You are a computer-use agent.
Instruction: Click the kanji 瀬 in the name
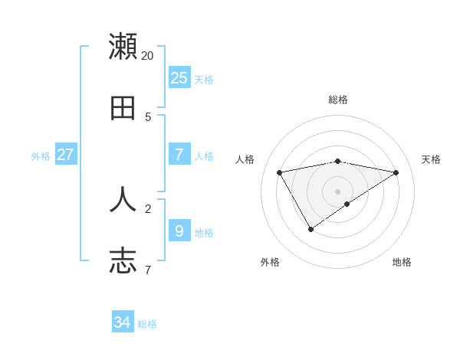click(x=123, y=46)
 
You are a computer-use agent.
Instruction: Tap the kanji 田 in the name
click(x=123, y=108)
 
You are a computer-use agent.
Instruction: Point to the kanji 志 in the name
click(x=123, y=260)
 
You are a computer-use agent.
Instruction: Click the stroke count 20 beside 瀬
click(x=148, y=56)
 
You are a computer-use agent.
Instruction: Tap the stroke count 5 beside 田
click(x=148, y=117)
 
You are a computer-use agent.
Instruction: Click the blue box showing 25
click(x=179, y=77)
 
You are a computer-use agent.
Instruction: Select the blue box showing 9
click(x=179, y=230)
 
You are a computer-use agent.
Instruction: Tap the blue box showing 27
click(x=65, y=154)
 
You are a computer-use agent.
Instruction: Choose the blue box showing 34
click(x=123, y=322)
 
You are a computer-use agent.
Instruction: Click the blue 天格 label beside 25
click(x=204, y=80)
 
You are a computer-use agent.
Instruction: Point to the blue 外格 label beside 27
click(x=41, y=156)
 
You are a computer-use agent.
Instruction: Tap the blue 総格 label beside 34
click(x=147, y=325)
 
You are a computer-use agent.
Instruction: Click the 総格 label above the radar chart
click(x=337, y=100)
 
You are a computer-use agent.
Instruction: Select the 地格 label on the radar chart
click(x=402, y=262)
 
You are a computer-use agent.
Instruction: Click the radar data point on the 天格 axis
click(x=396, y=172)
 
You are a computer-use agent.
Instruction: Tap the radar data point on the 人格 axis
click(x=280, y=172)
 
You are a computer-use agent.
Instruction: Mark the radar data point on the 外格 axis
click(x=310, y=229)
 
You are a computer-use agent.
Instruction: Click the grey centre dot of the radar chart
click(x=337, y=191)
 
